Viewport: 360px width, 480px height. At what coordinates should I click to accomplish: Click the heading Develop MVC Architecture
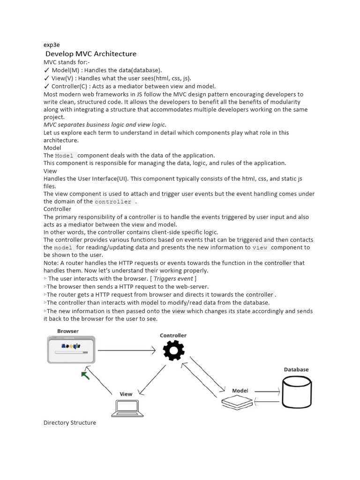point(91,54)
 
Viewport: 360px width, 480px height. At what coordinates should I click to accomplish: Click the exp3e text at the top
point(52,45)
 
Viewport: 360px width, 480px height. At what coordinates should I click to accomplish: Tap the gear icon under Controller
point(173,351)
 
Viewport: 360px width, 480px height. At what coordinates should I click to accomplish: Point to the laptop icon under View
point(127,409)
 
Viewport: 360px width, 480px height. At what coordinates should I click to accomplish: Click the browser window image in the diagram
point(71,350)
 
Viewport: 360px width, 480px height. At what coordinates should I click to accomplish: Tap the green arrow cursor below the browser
point(85,375)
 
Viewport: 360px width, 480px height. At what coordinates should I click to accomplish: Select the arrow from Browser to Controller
point(127,350)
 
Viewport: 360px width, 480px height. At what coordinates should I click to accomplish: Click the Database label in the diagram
point(296,369)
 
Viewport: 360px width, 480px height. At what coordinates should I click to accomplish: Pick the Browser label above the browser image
point(68,331)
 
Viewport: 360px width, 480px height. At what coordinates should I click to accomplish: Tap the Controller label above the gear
point(173,336)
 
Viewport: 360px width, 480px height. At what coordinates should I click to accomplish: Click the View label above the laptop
point(126,394)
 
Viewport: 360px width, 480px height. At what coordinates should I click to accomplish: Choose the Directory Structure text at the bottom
point(70,423)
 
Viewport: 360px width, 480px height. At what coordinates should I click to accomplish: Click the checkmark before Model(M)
point(46,70)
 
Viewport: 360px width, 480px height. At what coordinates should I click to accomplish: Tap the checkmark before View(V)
point(46,78)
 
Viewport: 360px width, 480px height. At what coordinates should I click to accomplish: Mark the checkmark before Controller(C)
point(46,86)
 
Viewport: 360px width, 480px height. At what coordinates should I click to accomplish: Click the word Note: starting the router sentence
point(51,263)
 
